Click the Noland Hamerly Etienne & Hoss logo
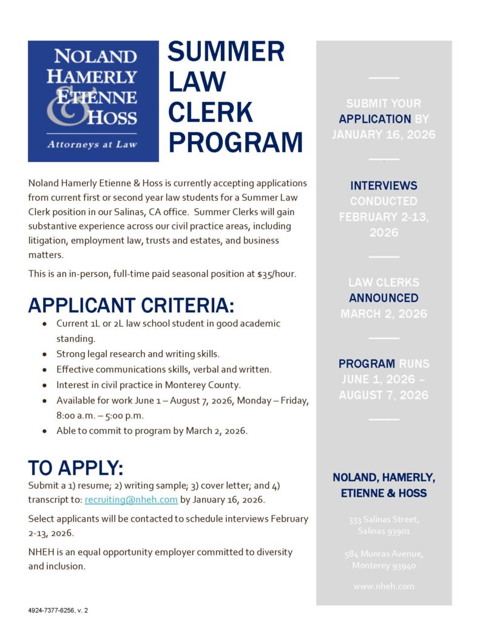[93, 101]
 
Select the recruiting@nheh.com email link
[131, 500]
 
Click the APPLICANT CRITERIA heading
[131, 305]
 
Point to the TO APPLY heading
[76, 468]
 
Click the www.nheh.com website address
[384, 586]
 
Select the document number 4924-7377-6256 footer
[58, 610]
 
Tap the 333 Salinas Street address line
[384, 520]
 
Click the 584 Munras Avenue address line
[384, 554]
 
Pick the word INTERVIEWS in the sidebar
[384, 186]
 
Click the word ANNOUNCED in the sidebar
[384, 298]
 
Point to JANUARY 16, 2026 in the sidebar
[384, 135]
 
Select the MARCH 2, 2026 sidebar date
[384, 314]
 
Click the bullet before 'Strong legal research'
[45, 354]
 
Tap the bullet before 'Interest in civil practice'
[45, 385]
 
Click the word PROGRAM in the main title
[235, 143]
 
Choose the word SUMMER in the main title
[226, 52]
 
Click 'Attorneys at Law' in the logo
[93, 144]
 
